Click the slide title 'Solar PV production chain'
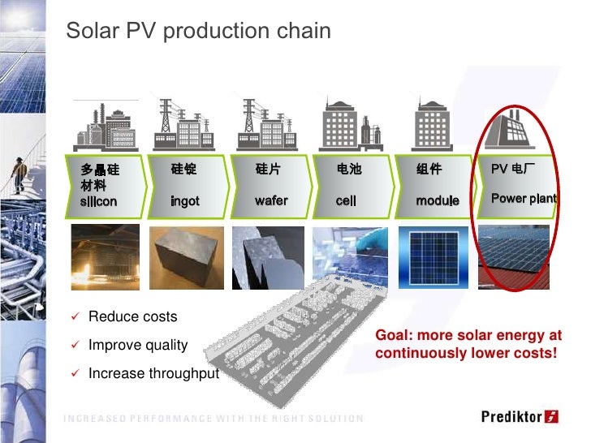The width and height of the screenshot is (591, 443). coord(198,32)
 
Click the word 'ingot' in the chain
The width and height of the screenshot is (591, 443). coord(184,200)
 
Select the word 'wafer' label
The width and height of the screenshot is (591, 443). coord(271,200)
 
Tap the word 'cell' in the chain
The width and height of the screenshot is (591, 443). coord(347,200)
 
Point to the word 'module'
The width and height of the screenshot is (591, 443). coord(438,200)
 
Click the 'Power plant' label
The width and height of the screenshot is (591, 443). coord(524,199)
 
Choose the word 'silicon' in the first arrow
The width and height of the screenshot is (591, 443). coord(98,200)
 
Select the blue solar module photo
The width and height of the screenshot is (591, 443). coord(434,255)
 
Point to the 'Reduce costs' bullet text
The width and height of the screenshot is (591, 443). coord(132,316)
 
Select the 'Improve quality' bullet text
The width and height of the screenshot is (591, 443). coord(138,345)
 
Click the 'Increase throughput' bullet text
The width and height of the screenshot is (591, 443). coord(153,373)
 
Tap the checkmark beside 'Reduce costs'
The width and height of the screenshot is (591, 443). coord(74,316)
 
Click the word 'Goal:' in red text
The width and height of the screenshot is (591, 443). coord(393,336)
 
